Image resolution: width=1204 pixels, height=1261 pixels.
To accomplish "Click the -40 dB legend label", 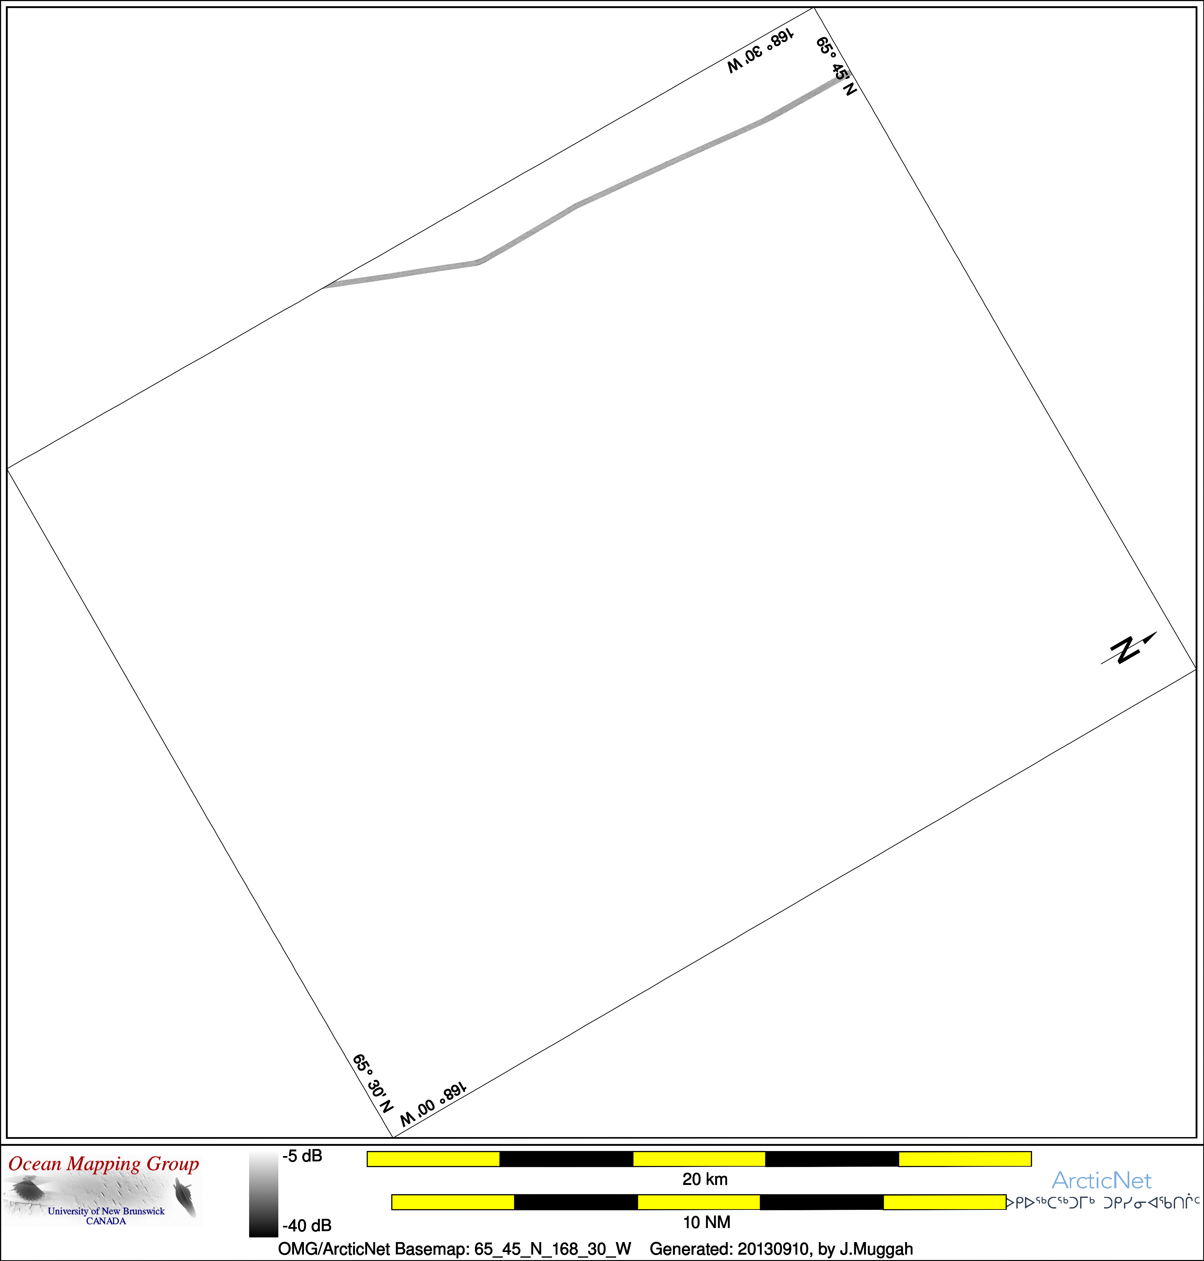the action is coord(307,1226).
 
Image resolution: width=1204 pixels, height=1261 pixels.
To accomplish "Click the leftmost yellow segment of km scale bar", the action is coord(433,1159).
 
